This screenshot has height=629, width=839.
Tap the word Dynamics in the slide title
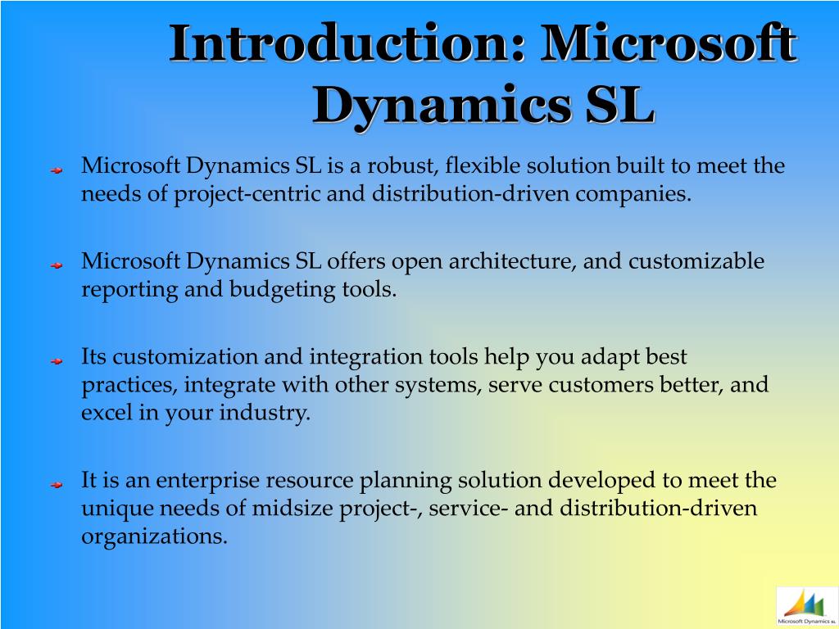click(442, 104)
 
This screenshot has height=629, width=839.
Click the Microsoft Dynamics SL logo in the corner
click(807, 607)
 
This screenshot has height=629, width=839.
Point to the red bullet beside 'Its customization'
click(57, 361)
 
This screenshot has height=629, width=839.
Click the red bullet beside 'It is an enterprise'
click(57, 485)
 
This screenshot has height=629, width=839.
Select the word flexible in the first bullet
click(483, 165)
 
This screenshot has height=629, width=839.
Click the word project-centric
click(247, 194)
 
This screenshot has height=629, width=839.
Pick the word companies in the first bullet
click(633, 194)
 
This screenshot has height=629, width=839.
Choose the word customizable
click(696, 261)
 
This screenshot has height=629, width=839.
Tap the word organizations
click(154, 536)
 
